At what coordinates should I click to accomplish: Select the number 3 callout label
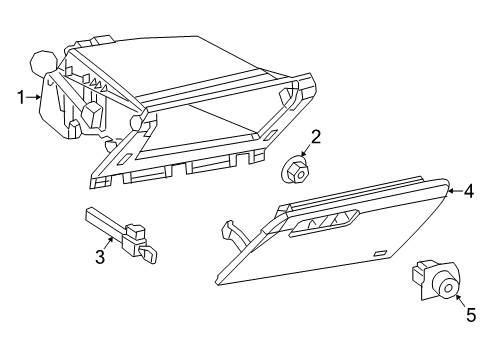100,258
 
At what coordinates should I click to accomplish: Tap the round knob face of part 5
447,288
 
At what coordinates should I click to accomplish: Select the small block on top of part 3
134,235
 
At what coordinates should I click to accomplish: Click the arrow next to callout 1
36,97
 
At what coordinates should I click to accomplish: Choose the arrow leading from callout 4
452,189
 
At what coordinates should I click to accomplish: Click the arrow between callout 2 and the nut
307,151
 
